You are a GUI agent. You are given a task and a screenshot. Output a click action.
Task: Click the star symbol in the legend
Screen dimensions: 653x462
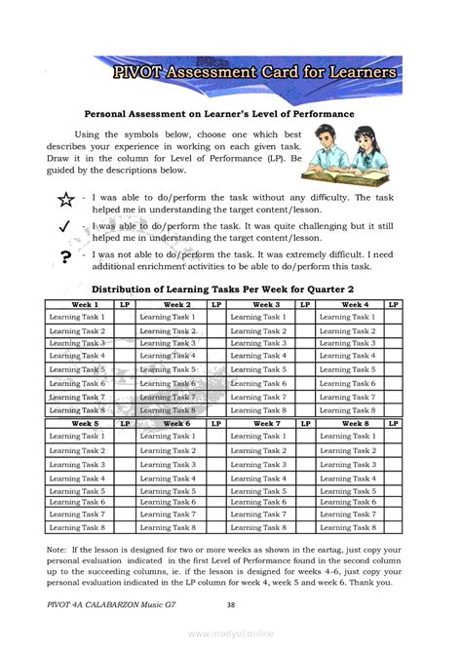coord(64,202)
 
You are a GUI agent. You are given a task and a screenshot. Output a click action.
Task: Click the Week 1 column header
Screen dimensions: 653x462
coord(78,305)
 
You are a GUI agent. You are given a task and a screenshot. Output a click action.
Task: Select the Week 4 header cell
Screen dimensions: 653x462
coord(348,305)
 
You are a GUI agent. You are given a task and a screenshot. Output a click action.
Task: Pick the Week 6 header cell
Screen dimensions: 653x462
coord(168,424)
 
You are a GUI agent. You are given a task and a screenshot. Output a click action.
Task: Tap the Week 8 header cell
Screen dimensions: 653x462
coord(348,424)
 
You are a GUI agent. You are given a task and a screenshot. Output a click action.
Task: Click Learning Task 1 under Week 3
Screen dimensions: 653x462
coord(258,317)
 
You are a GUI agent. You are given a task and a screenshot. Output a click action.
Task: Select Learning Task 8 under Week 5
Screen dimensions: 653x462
coord(78,527)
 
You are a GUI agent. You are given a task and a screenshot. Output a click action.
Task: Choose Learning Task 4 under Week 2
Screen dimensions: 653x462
coord(168,356)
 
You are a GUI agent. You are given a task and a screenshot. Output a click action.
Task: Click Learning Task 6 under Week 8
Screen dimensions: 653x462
coord(348,502)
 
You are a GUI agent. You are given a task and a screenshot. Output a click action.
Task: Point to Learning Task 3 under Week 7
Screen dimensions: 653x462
coord(258,465)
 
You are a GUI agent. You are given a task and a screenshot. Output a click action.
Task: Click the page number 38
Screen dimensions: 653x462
coord(231,605)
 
